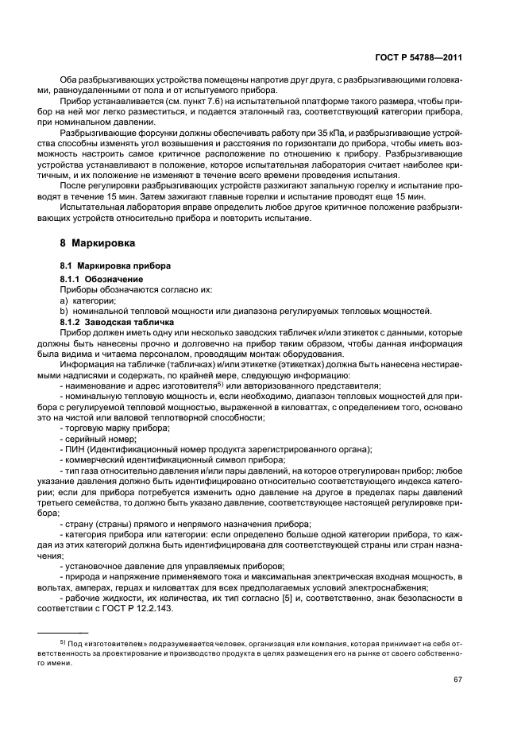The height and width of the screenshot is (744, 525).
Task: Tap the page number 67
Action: coord(458,680)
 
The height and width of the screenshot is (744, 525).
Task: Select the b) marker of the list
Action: coord(64,312)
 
